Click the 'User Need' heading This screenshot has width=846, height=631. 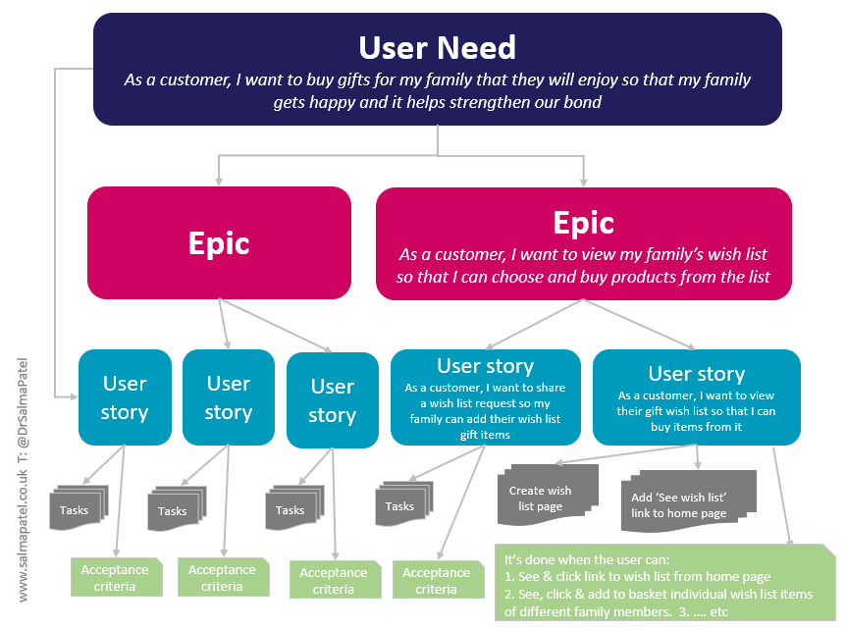(x=437, y=47)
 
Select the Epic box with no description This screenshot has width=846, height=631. (x=219, y=242)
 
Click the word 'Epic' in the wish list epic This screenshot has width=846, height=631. (x=584, y=224)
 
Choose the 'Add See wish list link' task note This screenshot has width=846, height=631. (x=688, y=501)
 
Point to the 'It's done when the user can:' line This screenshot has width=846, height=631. (x=587, y=559)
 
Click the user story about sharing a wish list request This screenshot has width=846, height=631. (x=486, y=397)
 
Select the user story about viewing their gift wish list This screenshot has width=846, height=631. (x=697, y=397)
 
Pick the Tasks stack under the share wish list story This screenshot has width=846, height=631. (x=404, y=503)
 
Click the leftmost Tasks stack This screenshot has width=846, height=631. (x=79, y=507)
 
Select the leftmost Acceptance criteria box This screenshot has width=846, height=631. (x=117, y=577)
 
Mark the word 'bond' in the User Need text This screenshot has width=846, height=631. (x=583, y=102)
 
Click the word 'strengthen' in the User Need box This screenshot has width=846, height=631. (x=490, y=102)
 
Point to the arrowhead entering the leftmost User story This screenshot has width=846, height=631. (x=74, y=396)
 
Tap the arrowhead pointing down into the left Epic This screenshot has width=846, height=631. (x=219, y=182)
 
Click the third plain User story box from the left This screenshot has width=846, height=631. (x=333, y=400)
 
